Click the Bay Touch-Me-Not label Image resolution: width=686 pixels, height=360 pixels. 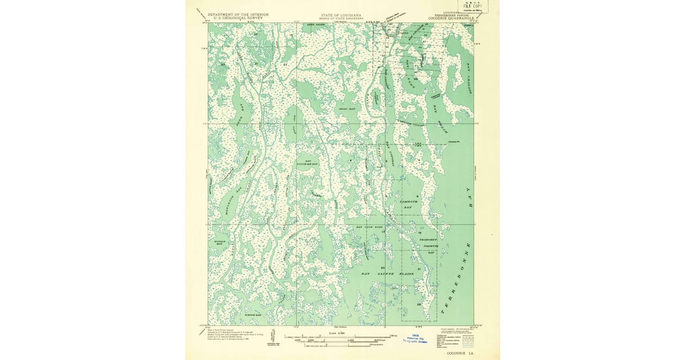pos(308,163)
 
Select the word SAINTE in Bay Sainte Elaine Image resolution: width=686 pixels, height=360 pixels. pos(394,274)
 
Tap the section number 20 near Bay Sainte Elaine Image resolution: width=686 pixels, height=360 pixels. pos(382,268)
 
